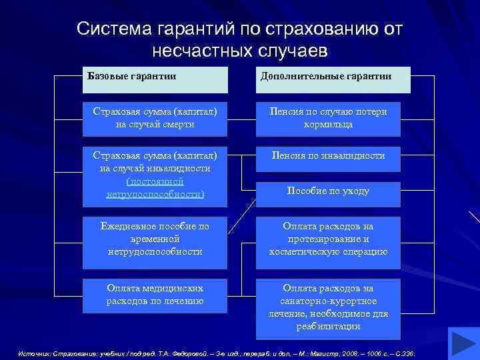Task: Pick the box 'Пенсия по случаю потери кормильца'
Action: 327,118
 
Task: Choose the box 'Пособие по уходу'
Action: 327,191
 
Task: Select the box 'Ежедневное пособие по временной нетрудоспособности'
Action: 155,239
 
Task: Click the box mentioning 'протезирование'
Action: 327,239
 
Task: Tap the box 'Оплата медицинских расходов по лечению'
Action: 155,295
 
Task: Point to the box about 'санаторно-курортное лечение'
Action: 327,307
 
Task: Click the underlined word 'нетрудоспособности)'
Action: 155,194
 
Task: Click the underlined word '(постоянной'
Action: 155,181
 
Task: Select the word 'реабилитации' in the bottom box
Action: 327,327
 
